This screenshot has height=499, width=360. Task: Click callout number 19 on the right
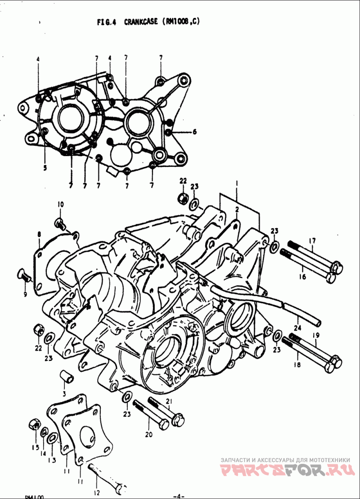click(316, 335)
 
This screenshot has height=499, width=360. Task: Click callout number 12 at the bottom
click(97, 493)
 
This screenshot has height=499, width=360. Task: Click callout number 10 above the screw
click(60, 204)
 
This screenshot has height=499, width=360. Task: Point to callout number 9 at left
click(25, 294)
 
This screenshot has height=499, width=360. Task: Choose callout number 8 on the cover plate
click(39, 234)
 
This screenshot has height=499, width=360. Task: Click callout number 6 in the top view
click(194, 132)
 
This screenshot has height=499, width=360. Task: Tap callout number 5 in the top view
click(45, 169)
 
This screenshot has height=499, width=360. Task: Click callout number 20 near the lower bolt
click(149, 435)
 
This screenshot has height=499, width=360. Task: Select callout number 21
click(169, 401)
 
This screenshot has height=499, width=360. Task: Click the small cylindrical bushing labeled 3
click(67, 377)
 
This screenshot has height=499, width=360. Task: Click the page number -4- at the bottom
click(179, 496)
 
